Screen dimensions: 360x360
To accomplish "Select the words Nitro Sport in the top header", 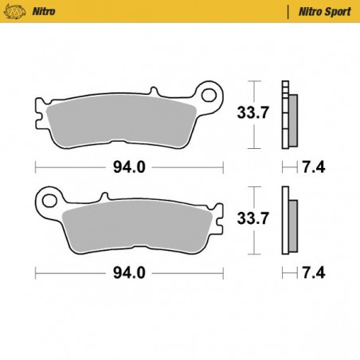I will pyautogui.click(x=319, y=11).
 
